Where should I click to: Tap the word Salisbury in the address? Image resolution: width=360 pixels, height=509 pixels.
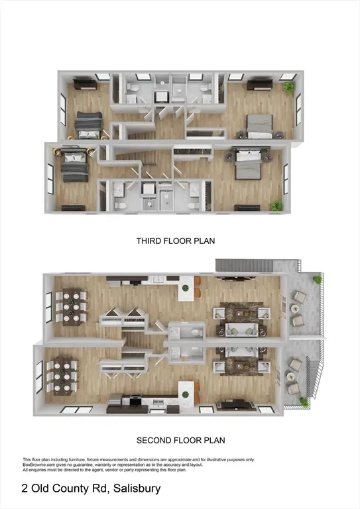[x=136, y=489]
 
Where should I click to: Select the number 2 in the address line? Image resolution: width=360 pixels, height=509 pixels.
[x=25, y=489]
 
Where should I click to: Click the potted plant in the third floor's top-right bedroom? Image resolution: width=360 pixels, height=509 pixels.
[x=288, y=87]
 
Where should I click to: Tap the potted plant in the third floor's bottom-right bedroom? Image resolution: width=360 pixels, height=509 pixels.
[x=276, y=205]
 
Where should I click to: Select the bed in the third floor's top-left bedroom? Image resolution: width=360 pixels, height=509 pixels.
[x=89, y=123]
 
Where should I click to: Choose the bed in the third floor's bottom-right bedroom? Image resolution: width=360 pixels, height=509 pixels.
[x=249, y=164]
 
